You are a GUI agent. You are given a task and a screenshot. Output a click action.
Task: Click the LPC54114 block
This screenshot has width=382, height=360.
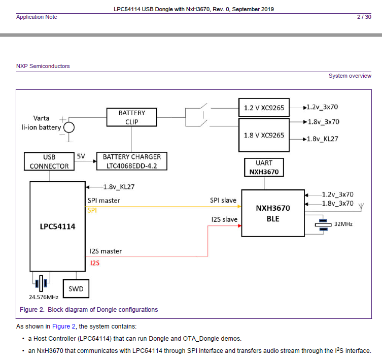(57, 226)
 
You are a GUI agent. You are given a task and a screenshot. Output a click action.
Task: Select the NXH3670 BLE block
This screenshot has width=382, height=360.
(272, 213)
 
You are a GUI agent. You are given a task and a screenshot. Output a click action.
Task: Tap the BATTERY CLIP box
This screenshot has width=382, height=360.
(131, 117)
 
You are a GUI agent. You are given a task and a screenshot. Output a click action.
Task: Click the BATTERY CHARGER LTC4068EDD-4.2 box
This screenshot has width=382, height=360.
(131, 161)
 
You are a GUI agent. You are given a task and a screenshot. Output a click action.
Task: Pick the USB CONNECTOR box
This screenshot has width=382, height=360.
(49, 161)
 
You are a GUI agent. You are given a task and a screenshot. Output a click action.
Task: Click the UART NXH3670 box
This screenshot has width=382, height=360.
(264, 168)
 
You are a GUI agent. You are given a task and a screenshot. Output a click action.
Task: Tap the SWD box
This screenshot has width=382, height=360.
(76, 289)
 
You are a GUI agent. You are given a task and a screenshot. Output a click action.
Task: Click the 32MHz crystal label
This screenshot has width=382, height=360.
(343, 223)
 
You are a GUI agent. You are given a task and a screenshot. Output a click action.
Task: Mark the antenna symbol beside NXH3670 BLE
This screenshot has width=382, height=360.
(361, 207)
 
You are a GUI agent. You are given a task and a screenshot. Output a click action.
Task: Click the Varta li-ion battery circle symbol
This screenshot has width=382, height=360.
(68, 127)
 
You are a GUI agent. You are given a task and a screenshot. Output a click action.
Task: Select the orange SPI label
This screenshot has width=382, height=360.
(92, 210)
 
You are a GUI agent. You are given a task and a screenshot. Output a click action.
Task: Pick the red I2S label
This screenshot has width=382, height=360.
(94, 263)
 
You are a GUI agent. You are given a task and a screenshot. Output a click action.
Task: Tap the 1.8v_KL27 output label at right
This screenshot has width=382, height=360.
(323, 139)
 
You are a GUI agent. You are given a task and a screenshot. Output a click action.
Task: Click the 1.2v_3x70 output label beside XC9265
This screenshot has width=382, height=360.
(323, 108)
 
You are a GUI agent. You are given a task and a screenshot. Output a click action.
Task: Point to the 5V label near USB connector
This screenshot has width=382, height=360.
(81, 156)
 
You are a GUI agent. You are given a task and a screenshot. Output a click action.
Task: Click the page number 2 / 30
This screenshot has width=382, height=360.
(364, 17)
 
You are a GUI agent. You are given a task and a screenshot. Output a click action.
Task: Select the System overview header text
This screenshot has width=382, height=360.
(350, 76)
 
